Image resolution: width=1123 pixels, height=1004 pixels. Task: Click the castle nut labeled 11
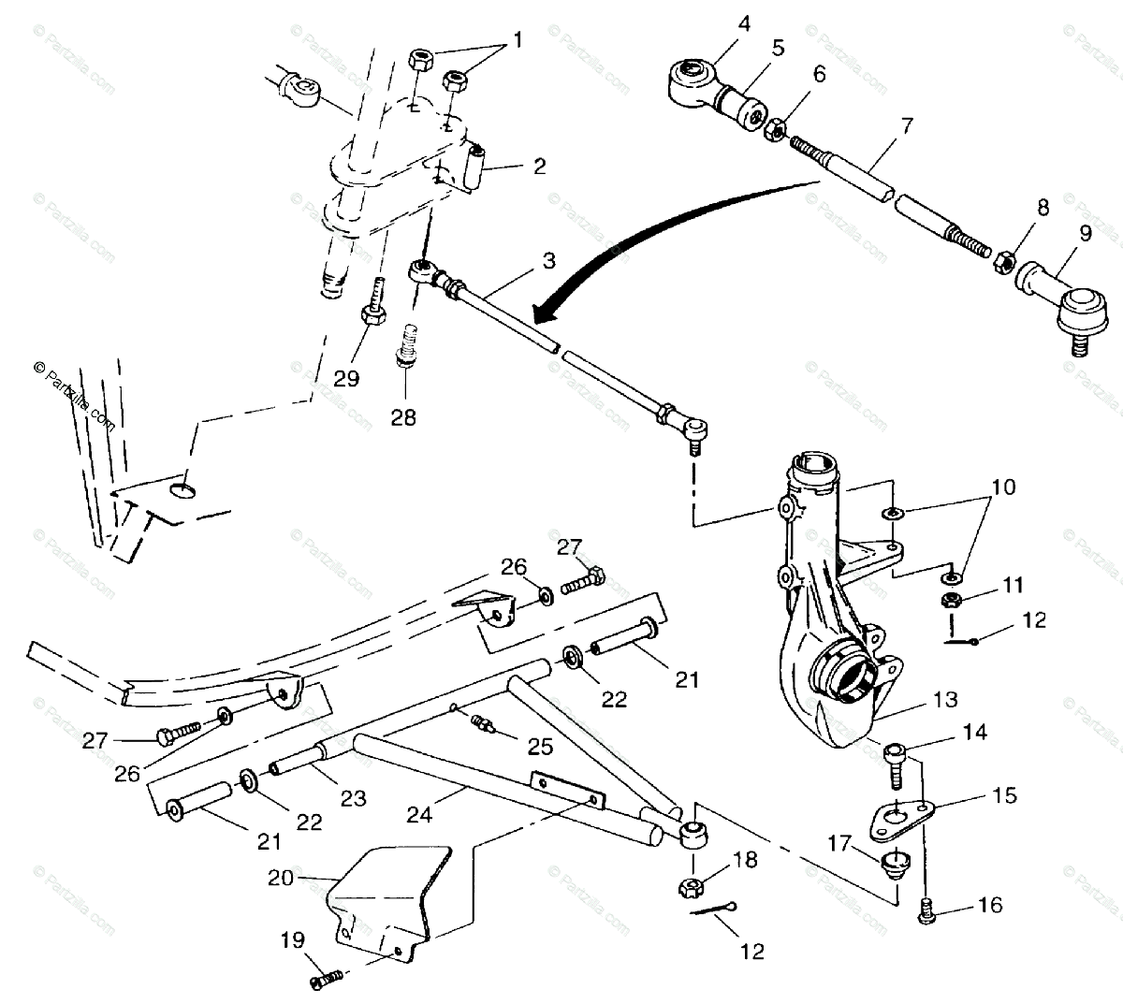[x=949, y=599]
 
